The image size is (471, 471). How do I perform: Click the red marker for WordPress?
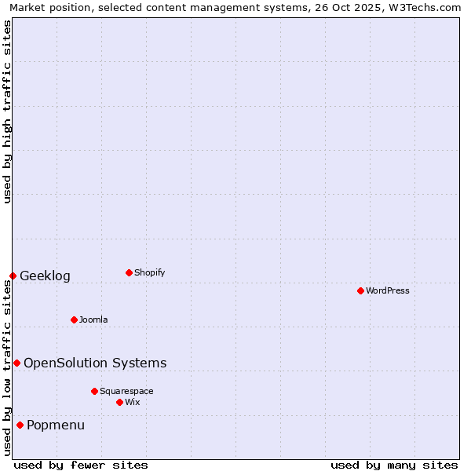360,290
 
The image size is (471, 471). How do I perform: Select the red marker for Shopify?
129,272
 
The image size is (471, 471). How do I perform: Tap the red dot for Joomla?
74,319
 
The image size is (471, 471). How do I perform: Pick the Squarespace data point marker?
94,391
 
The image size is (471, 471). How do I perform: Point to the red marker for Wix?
119,402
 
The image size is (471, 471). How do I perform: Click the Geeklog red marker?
13,276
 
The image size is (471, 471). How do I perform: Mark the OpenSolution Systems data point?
16,363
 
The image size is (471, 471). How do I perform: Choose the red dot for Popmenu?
20,425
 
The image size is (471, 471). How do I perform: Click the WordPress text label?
388,290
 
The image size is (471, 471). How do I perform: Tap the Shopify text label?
150,272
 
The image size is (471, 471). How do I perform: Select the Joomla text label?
93,319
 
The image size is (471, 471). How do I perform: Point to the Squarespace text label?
126,391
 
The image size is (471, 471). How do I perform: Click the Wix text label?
133,402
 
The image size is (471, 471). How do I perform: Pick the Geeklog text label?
45,276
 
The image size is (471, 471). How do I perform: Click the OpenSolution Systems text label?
95,363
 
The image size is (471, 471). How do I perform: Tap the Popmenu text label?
56,425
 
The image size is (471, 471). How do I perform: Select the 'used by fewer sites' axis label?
81,465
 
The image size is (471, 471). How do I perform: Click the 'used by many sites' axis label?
394,465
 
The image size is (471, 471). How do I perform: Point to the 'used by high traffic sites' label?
8,111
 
